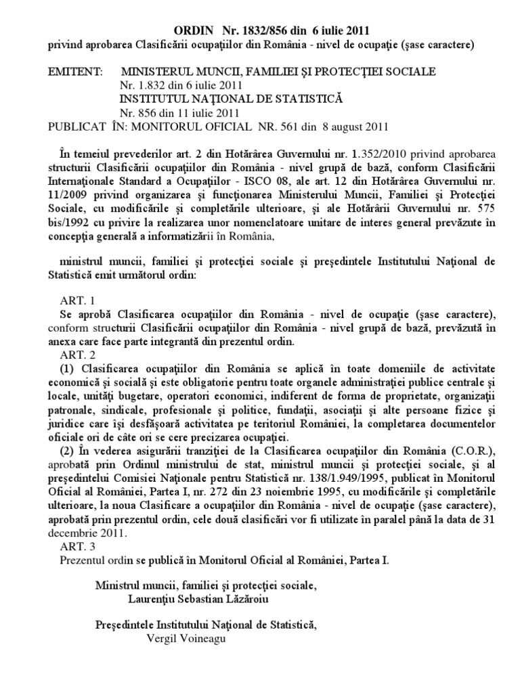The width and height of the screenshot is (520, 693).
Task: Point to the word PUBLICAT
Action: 77,126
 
